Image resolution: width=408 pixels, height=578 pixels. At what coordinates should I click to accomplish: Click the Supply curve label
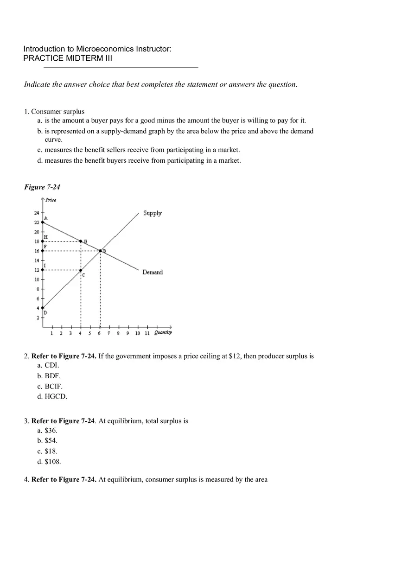(x=153, y=213)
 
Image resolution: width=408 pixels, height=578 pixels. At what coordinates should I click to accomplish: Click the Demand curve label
(x=153, y=272)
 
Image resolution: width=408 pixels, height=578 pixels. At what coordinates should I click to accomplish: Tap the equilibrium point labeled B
(x=100, y=251)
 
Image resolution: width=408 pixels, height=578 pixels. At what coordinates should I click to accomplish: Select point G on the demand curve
(x=81, y=241)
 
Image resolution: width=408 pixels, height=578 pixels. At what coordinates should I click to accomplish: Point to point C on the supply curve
(x=81, y=270)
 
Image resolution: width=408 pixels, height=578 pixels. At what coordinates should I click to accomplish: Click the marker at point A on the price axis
(x=43, y=222)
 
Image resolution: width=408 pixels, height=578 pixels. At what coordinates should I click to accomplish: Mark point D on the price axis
(x=43, y=308)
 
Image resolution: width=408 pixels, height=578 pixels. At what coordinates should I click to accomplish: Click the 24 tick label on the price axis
(x=36, y=213)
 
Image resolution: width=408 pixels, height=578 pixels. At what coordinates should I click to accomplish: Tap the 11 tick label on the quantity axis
(x=147, y=333)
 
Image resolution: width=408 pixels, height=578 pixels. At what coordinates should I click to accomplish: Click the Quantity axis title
(x=163, y=332)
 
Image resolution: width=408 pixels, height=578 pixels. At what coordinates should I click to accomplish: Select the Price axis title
(x=51, y=200)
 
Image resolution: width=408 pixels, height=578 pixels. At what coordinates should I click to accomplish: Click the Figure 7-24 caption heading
(x=42, y=187)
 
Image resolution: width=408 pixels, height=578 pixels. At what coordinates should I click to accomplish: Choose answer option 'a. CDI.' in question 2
(x=48, y=365)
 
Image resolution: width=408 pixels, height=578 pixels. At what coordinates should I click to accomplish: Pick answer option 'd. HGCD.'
(x=52, y=396)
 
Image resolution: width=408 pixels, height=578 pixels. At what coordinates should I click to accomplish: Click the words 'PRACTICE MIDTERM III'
(x=68, y=58)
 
